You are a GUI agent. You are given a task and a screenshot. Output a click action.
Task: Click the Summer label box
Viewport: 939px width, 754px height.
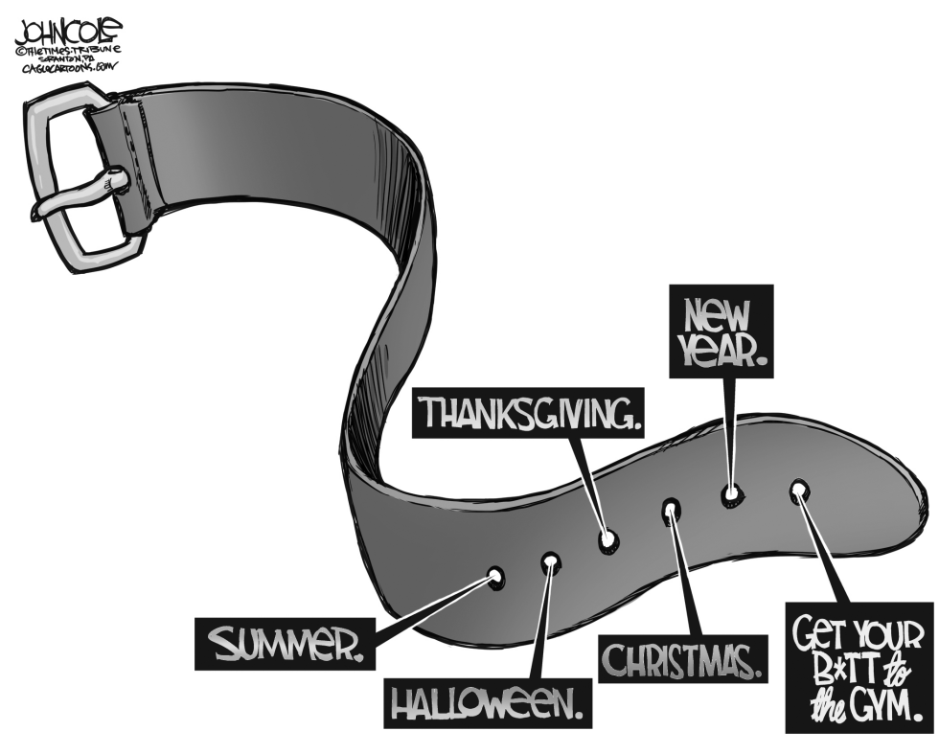286,643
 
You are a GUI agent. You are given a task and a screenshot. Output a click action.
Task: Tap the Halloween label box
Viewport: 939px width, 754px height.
488,702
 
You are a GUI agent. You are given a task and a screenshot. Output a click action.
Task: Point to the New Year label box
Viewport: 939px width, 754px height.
721,331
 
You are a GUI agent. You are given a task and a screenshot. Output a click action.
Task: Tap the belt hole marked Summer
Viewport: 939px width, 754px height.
495,577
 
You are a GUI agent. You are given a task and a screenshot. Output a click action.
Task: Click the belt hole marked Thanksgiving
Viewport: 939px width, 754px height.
608,540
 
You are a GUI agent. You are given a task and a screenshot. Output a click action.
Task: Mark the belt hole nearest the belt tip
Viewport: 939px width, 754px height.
798,490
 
